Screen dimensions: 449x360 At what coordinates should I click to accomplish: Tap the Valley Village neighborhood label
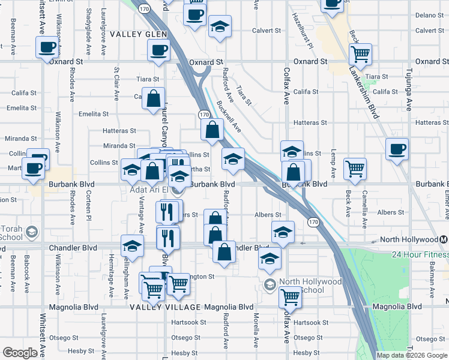tap(165, 307)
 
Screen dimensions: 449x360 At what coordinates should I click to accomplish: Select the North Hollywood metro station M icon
tap(444, 239)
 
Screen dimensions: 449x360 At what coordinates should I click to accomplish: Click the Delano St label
tap(428, 14)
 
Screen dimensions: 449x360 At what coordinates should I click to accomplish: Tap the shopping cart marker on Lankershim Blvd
tap(360, 54)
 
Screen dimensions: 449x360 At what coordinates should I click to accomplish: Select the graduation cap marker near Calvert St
tap(220, 27)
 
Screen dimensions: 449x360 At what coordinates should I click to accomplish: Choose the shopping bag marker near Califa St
tap(154, 97)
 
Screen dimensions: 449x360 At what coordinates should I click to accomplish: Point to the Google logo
tap(20, 353)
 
